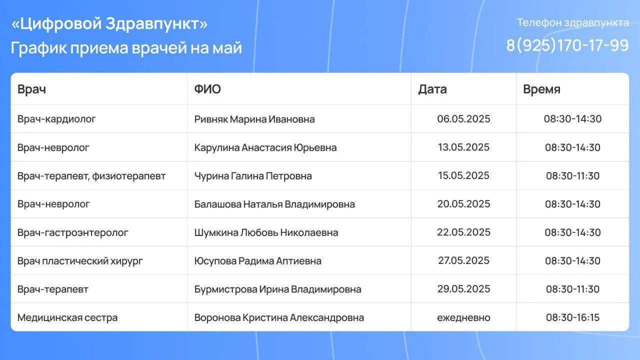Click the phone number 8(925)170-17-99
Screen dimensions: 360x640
coord(567,45)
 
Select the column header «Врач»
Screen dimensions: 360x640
coord(31,89)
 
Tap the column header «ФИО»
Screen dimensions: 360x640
coord(207,89)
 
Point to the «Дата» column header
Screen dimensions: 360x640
coord(432,89)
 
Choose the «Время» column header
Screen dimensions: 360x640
coord(541,89)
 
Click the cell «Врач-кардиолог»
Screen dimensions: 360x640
coord(56,119)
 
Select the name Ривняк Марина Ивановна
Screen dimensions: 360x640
coord(254,119)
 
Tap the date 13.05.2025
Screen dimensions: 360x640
coord(463,147)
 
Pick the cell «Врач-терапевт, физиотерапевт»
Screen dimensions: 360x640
coord(91,176)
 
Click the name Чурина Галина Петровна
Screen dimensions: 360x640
coord(253,176)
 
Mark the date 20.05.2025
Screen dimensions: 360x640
coord(463,204)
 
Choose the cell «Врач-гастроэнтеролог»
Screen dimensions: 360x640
coord(73,232)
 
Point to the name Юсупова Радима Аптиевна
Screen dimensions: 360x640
coord(258,261)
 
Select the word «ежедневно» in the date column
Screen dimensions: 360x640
coord(463,317)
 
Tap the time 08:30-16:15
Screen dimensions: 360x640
coord(572,317)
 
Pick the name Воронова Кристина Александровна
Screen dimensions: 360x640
coord(279,317)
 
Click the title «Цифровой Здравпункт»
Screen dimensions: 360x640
coord(109,23)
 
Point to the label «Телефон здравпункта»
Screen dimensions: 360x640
coord(573,22)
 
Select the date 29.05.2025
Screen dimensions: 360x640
coord(463,289)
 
